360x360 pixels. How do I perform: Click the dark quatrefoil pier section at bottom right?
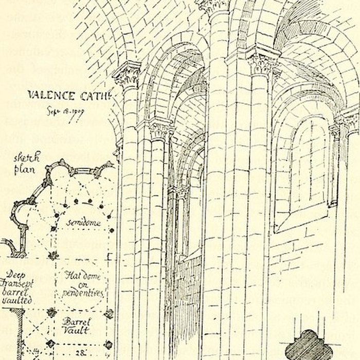(310, 344)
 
